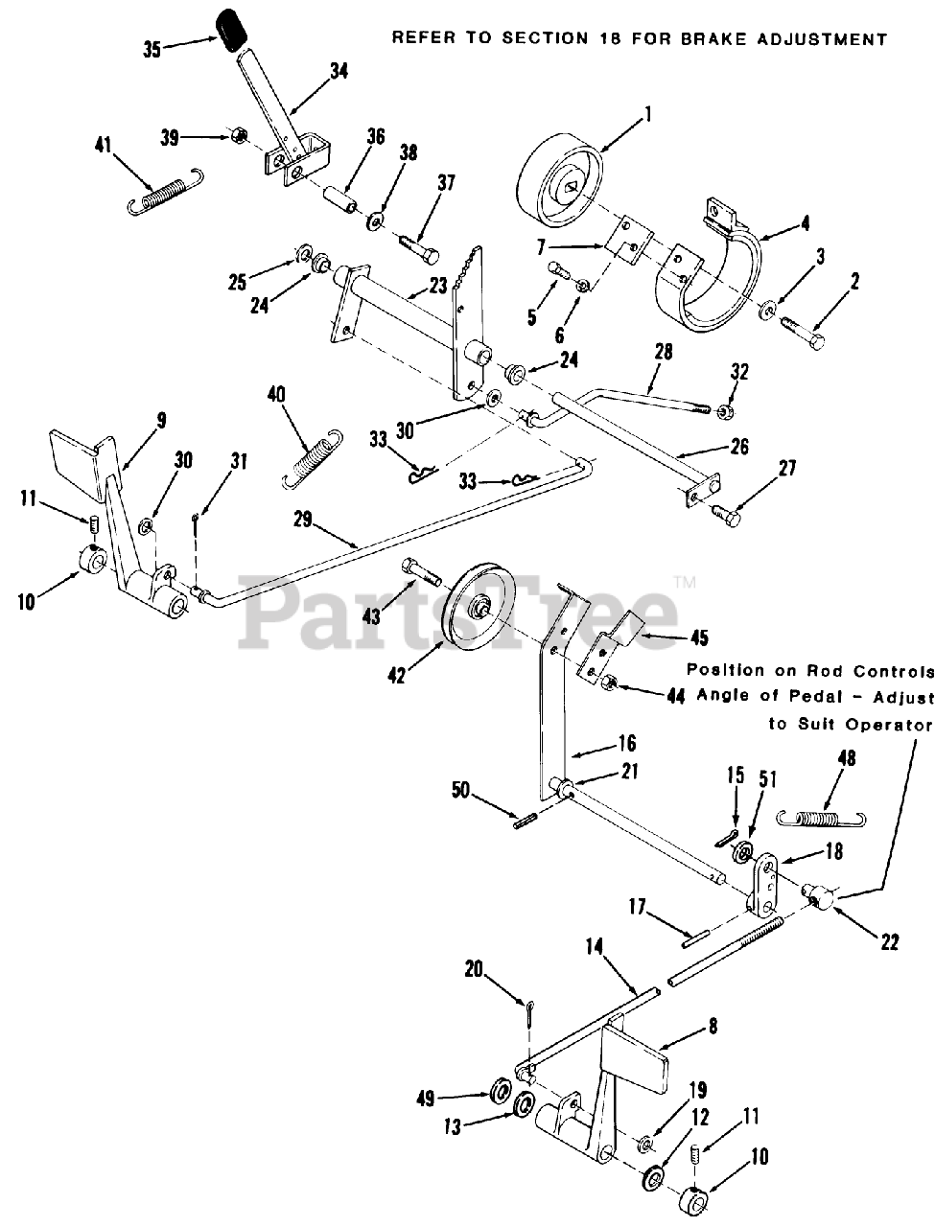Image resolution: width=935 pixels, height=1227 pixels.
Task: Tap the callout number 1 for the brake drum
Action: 647,114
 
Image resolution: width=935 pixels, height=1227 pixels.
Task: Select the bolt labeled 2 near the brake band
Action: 801,329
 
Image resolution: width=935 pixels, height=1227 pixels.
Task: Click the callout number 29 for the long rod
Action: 303,519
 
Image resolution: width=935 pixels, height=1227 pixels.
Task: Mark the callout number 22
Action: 889,943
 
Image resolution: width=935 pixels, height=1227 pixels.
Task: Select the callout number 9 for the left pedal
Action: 161,418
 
